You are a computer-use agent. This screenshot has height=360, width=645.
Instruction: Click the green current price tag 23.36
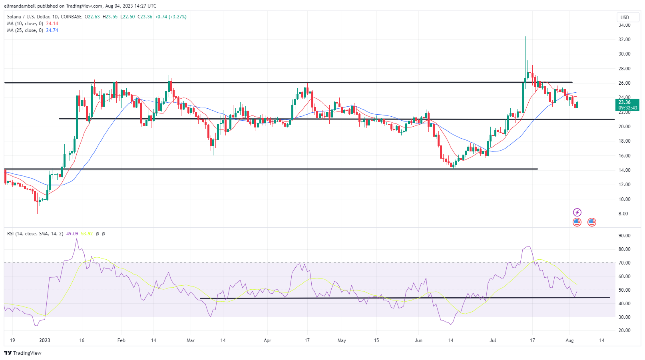coord(627,102)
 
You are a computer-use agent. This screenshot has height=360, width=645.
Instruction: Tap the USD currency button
coord(625,17)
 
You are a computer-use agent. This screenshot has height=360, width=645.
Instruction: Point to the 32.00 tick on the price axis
coord(624,40)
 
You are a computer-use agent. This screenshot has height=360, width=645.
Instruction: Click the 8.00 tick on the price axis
coord(623,214)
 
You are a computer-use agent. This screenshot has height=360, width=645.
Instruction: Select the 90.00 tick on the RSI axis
coord(624,236)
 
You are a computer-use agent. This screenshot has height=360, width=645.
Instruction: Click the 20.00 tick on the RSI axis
coord(624,330)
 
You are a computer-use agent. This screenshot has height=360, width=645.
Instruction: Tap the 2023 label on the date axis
coord(45,340)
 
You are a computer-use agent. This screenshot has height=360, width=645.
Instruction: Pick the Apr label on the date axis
coord(268,340)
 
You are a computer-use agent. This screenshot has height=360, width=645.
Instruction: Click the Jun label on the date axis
coord(418,340)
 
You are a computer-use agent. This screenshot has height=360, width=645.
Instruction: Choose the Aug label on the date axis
coord(570,340)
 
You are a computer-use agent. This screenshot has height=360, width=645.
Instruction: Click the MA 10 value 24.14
coord(52,24)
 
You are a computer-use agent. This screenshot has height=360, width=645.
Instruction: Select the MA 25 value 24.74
coord(52,30)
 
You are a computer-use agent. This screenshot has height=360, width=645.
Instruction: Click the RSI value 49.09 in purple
coord(72,234)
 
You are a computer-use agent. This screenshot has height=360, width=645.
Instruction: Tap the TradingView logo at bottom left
coord(23,353)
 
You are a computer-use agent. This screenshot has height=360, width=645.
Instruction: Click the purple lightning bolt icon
coord(577,212)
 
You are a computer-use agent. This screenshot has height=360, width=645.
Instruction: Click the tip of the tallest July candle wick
coord(525,37)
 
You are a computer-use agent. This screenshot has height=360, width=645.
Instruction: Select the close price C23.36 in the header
coord(145,17)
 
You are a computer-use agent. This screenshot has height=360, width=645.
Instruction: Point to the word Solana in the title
coord(14,17)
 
